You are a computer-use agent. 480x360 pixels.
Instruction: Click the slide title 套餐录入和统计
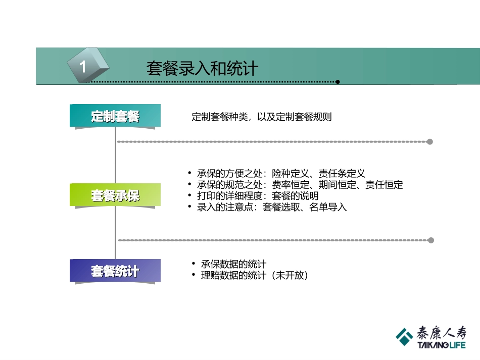(x=202, y=68)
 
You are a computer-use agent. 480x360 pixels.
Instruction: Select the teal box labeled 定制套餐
(x=115, y=116)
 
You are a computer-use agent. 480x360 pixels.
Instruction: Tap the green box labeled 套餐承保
(x=115, y=195)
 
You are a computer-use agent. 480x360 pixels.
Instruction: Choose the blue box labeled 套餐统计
(x=115, y=271)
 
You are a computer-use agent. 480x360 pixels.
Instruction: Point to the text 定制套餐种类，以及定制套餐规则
(x=262, y=117)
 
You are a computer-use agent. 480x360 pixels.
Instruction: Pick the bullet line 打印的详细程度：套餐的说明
(x=258, y=196)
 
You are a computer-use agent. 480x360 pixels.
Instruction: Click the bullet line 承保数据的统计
(x=233, y=264)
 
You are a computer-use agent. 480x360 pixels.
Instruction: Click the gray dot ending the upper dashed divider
(x=430, y=142)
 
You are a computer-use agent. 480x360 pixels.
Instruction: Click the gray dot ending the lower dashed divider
(x=430, y=240)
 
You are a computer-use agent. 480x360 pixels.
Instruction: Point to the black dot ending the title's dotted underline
(x=338, y=82)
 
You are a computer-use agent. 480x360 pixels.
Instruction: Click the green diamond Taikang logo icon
(x=404, y=336)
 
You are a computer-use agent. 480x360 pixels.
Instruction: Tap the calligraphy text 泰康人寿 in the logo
(x=441, y=333)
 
